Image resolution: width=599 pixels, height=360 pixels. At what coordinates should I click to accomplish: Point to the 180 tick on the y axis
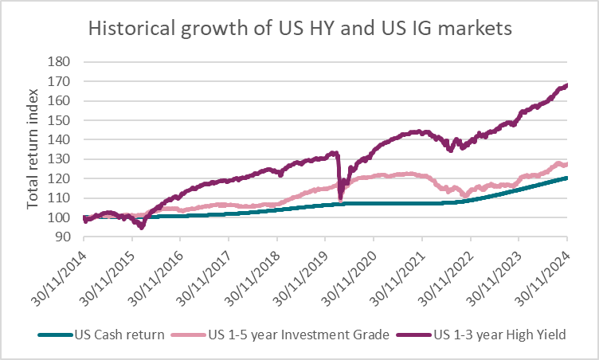point(61,61)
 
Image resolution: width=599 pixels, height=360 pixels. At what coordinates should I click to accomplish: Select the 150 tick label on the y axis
point(61,119)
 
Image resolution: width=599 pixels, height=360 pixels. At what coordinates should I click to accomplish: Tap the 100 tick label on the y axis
point(61,217)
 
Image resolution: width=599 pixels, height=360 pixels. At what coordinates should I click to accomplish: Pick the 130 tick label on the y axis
point(61,158)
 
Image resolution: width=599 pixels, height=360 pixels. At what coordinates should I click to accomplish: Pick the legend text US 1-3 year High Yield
point(500,335)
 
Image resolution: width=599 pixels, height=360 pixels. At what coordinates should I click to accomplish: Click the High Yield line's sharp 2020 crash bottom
point(341,199)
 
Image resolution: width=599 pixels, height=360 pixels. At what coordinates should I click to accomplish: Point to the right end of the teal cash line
point(566,178)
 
